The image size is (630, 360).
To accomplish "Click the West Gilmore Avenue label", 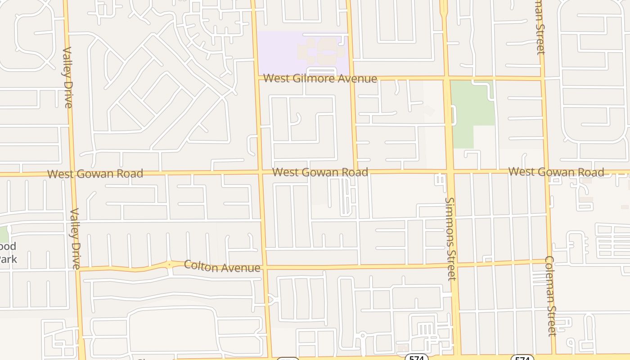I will pyautogui.click(x=320, y=78).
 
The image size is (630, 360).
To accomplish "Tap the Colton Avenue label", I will pyautogui.click(x=222, y=266).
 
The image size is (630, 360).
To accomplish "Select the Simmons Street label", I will pyautogui.click(x=451, y=238).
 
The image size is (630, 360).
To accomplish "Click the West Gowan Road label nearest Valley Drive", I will pyautogui.click(x=95, y=174).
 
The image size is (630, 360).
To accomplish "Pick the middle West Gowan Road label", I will pyautogui.click(x=320, y=172).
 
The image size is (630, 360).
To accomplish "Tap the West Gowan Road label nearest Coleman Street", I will pyautogui.click(x=556, y=172).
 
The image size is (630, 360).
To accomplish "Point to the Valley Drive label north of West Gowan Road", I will pyautogui.click(x=67, y=77).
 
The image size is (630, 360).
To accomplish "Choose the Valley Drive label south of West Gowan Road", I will pyautogui.click(x=75, y=238).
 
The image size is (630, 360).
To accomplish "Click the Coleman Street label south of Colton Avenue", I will pyautogui.click(x=551, y=296).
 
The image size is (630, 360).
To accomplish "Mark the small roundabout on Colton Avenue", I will pyautogui.click(x=169, y=265).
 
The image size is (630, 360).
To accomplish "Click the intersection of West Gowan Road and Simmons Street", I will pyautogui.click(x=449, y=171).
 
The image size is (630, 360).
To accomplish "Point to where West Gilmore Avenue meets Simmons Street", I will pyautogui.click(x=446, y=78).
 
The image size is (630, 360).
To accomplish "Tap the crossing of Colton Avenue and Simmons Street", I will pyautogui.click(x=453, y=264).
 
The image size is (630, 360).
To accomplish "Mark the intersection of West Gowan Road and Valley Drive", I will pyautogui.click(x=72, y=174).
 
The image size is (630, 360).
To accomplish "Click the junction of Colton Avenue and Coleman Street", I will pyautogui.click(x=549, y=261).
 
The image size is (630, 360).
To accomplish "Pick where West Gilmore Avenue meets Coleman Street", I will pyautogui.click(x=542, y=78).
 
